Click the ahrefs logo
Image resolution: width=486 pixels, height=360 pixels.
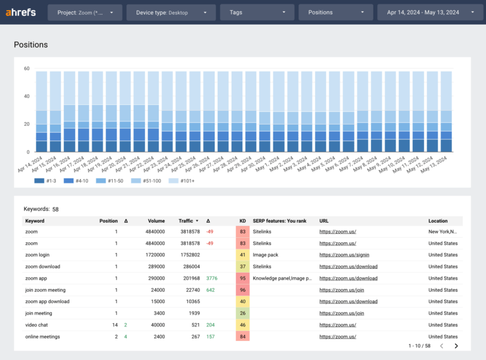point(20,12)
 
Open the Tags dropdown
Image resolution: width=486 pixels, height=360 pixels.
point(256,12)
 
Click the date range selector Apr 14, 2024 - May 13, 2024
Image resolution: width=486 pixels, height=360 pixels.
point(428,12)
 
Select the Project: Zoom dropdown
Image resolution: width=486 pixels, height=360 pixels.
point(85,12)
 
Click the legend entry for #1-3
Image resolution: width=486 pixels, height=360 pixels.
point(47,180)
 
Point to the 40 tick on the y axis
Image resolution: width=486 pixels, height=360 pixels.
point(27,96)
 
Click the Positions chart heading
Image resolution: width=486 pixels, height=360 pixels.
point(31,45)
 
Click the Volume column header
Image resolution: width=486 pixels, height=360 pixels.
point(156,221)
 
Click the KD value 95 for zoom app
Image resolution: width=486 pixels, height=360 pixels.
point(242,278)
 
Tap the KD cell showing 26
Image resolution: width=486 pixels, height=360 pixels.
point(242,313)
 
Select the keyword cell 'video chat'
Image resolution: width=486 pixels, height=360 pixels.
point(37,325)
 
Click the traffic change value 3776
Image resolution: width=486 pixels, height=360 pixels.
point(212,278)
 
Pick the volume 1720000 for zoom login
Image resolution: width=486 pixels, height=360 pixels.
point(153,255)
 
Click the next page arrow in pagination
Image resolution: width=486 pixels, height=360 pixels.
point(456,346)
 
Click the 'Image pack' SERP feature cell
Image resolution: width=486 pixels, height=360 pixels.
point(266,255)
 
